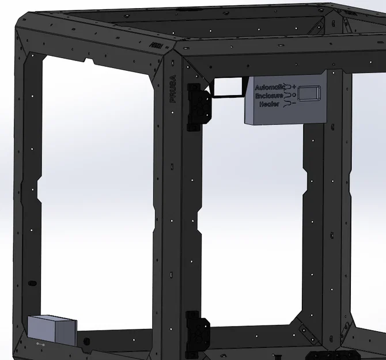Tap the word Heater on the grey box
(270, 104)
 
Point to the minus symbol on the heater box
(294, 104)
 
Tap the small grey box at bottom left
(52, 330)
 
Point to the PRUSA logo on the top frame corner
(154, 44)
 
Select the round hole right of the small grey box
(87, 342)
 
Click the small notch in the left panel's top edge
(89, 59)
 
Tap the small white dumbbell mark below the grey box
(41, 344)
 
